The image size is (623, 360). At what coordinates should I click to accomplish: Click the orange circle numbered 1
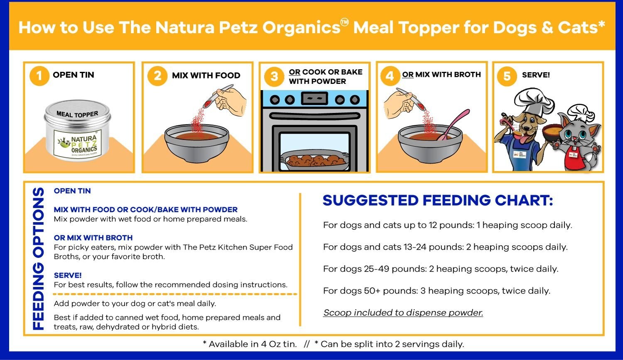pyautogui.click(x=39, y=76)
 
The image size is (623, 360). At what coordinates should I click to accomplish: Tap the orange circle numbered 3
pyautogui.click(x=274, y=76)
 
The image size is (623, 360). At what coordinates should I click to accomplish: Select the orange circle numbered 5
pyautogui.click(x=507, y=76)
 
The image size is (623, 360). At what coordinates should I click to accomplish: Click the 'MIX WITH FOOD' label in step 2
pyautogui.click(x=206, y=76)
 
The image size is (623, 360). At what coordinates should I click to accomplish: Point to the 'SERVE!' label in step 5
pyautogui.click(x=536, y=75)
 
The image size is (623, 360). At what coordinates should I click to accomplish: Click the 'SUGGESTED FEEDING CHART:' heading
pyautogui.click(x=438, y=201)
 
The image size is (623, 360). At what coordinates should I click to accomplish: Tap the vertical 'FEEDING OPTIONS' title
pyautogui.click(x=38, y=259)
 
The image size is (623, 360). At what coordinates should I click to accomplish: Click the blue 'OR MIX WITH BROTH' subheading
pyautogui.click(x=93, y=238)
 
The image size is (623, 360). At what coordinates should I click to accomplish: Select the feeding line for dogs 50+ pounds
pyautogui.click(x=437, y=291)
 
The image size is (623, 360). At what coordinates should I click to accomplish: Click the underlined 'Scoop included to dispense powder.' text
pyautogui.click(x=403, y=313)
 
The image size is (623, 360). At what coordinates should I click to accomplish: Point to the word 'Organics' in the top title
pyautogui.click(x=302, y=27)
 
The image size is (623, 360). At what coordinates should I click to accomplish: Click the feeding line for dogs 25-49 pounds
pyautogui.click(x=441, y=269)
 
